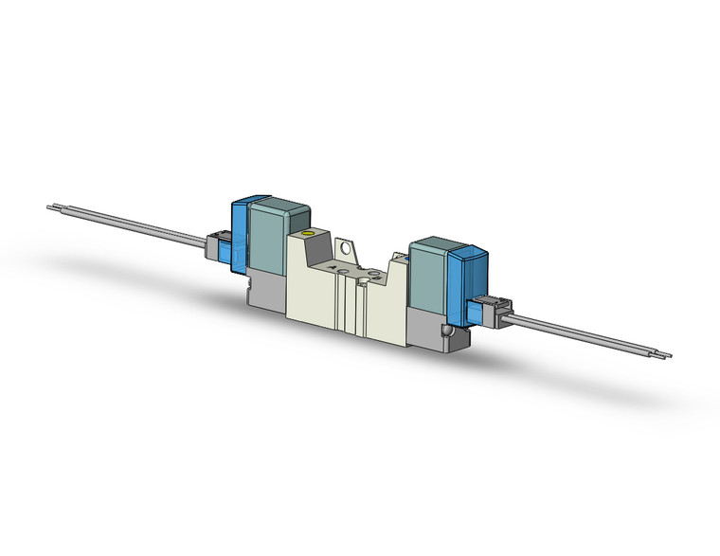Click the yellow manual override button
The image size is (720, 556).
(305, 234)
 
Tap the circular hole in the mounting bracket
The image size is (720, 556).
(350, 251)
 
